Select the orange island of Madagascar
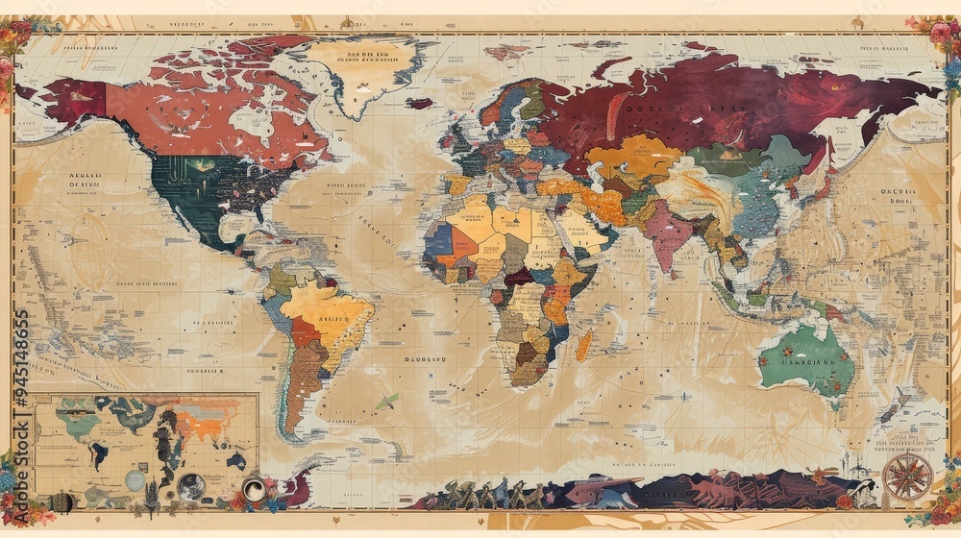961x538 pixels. coord(583,345)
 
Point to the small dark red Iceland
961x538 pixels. coord(419,103)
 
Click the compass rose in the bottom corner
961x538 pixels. coord(907,477)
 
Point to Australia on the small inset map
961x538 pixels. coord(235,460)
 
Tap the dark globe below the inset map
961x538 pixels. coord(190,487)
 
